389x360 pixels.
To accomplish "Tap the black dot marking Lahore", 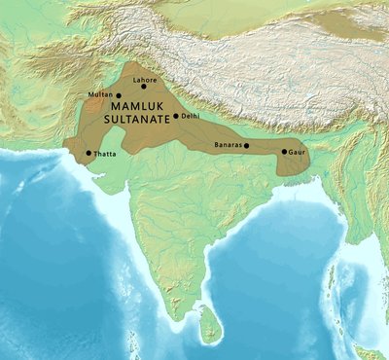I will [144, 86].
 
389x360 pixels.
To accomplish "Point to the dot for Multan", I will [119, 95].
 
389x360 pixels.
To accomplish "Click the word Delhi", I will [191, 117].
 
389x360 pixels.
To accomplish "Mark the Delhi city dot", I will [176, 117].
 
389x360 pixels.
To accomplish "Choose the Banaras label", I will [227, 146].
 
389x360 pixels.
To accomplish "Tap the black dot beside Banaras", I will [246, 146].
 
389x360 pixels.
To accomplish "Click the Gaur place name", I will [297, 152].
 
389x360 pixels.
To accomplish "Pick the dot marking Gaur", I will [284, 152].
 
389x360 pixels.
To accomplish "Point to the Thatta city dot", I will [88, 153].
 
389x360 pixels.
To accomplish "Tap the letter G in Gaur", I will [291, 152].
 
